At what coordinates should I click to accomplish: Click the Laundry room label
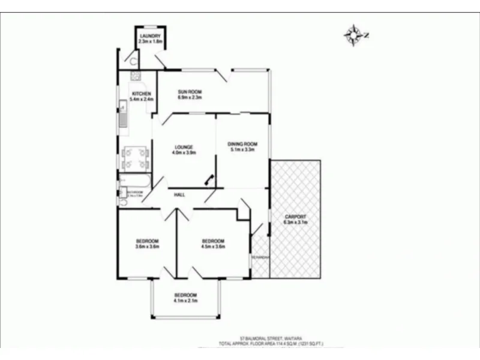pyautogui.click(x=151, y=37)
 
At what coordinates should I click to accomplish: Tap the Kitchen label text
pyautogui.click(x=142, y=94)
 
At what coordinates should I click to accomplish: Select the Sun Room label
pyautogui.click(x=188, y=92)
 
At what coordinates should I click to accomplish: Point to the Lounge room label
pyautogui.click(x=183, y=147)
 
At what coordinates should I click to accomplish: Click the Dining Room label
pyautogui.click(x=242, y=144)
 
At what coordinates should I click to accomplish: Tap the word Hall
pyautogui.click(x=179, y=196)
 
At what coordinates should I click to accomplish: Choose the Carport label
pyautogui.click(x=295, y=217)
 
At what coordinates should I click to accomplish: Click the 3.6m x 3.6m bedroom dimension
pyautogui.click(x=147, y=246)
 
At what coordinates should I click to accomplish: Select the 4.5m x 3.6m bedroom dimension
pyautogui.click(x=212, y=246)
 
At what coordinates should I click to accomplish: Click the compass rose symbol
pyautogui.click(x=355, y=35)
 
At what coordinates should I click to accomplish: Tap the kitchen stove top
pyautogui.click(x=135, y=76)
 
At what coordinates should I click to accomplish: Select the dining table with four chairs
pyautogui.click(x=136, y=158)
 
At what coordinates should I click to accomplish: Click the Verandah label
pyautogui.click(x=260, y=257)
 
